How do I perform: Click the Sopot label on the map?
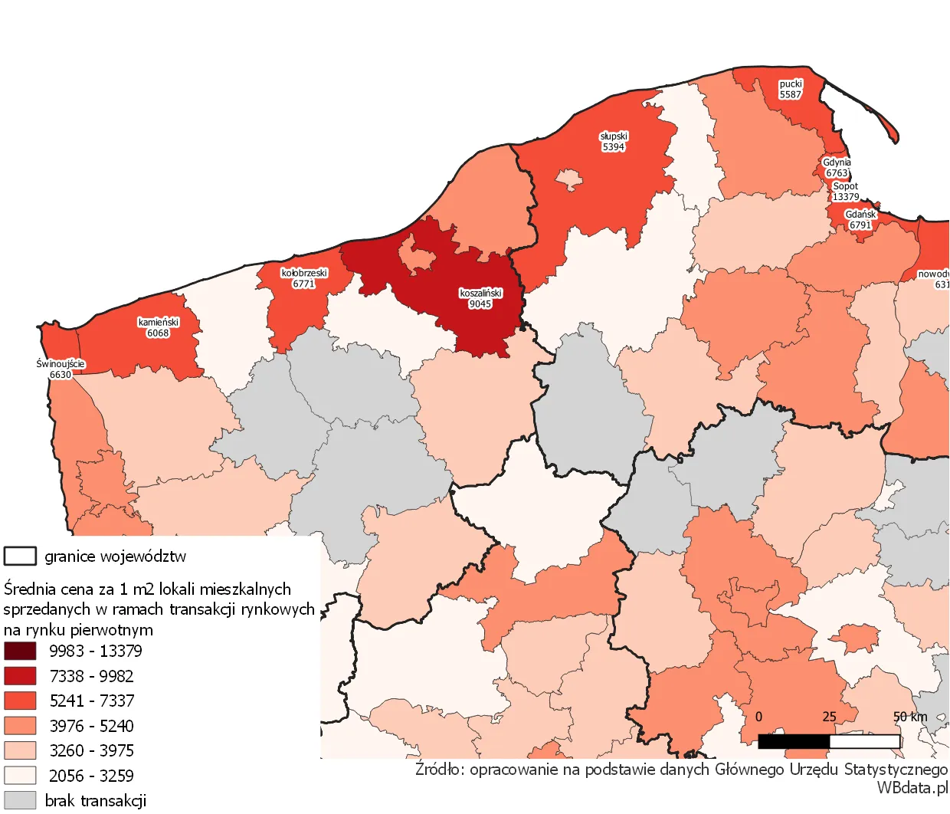click(x=846, y=192)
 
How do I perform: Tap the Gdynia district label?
click(x=837, y=168)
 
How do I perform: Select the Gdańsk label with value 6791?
click(x=860, y=220)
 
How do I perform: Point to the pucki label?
click(x=791, y=89)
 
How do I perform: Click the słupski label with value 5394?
click(x=614, y=142)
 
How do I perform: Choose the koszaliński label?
click(x=480, y=298)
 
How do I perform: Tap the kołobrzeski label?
click(x=304, y=278)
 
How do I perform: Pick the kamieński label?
click(x=159, y=327)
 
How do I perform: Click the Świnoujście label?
click(x=61, y=369)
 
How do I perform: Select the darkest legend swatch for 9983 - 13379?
click(x=20, y=651)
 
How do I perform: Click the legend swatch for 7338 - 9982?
click(x=20, y=676)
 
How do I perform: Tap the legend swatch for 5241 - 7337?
click(x=20, y=701)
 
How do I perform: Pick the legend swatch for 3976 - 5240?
click(x=20, y=726)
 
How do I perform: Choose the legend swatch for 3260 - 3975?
click(x=20, y=750)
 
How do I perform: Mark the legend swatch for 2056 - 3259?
click(x=20, y=776)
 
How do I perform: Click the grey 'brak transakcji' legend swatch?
click(x=20, y=800)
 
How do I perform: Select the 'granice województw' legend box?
click(x=20, y=556)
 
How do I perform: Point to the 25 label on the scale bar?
click(x=829, y=717)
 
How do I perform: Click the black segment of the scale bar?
click(x=794, y=741)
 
